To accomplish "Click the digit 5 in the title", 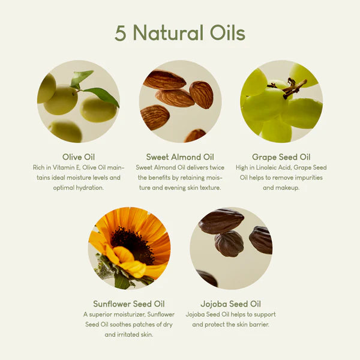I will pos(121,33).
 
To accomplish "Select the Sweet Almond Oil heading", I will pos(180,157).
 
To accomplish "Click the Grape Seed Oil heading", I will pos(281,157).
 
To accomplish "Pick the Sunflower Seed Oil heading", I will pos(128,304).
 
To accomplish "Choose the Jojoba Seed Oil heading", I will pos(230,304).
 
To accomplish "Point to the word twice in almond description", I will pos(215,167).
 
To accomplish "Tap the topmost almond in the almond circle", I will pos(164,79).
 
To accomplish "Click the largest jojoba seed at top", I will pos(221,221).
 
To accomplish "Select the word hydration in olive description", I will pos(91,188).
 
